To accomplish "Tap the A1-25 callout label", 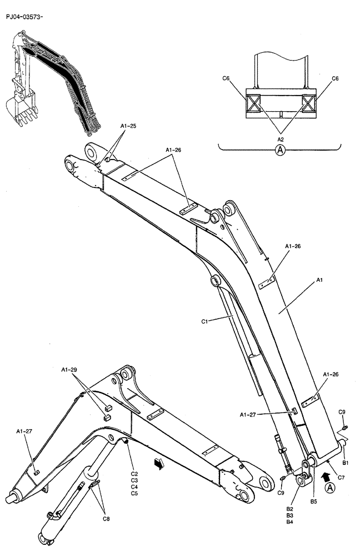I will click(x=128, y=126).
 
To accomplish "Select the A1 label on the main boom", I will click(x=319, y=282).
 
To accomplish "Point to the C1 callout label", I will click(x=205, y=321).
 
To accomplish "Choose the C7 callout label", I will click(x=341, y=477).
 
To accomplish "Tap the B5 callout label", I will click(x=314, y=502).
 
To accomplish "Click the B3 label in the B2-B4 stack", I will click(x=289, y=515).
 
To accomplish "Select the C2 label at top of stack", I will click(x=134, y=473).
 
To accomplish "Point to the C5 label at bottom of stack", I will click(x=134, y=493).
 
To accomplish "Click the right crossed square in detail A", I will click(x=310, y=103).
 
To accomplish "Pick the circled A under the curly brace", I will click(x=281, y=150).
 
